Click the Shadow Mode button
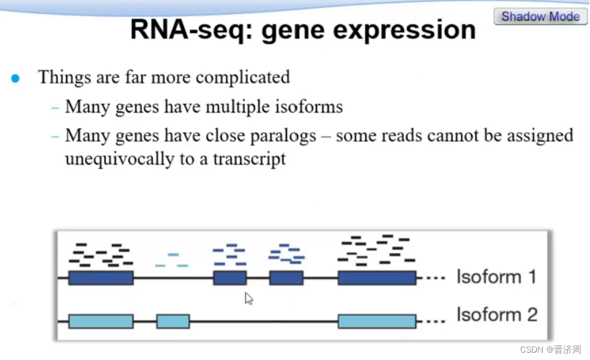coord(540,17)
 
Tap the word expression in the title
coord(413,31)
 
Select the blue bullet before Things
coord(15,78)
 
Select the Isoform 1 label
coord(496,277)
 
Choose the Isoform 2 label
coord(496,315)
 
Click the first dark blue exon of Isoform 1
coord(101,278)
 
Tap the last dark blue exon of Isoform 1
coord(377,278)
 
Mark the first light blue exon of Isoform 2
coord(101,321)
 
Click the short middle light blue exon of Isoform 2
coord(173,321)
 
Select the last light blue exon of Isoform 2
coord(377,321)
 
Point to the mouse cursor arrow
coord(248,298)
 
